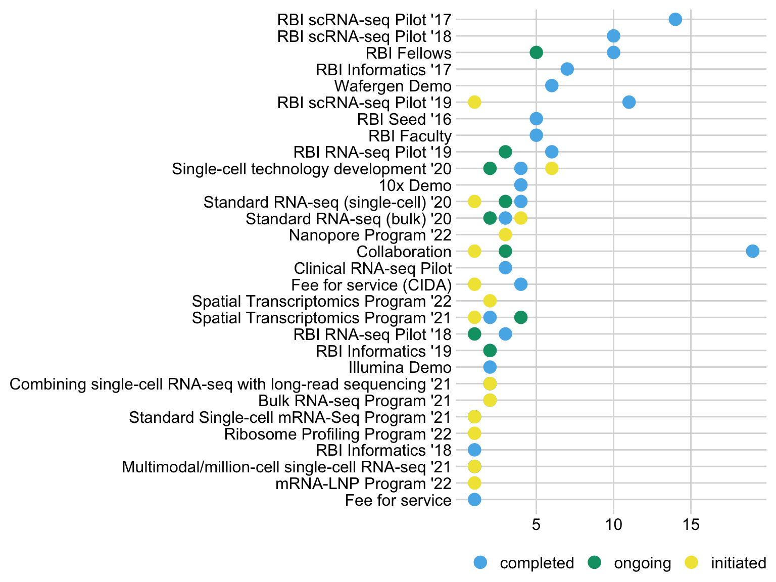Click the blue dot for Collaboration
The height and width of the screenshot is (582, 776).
click(x=752, y=251)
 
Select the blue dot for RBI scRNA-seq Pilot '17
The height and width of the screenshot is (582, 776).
click(x=675, y=20)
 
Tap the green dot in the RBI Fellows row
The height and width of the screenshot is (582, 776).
click(x=536, y=53)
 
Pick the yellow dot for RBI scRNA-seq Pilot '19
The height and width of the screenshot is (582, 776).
click(x=474, y=102)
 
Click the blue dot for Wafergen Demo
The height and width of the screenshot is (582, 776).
click(x=552, y=86)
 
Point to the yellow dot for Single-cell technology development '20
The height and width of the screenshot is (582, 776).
click(x=552, y=168)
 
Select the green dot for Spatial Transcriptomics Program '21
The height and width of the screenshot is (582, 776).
click(x=521, y=317)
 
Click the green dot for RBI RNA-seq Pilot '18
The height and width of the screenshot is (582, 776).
click(x=474, y=334)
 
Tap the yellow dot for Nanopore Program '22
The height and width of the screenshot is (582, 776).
click(x=505, y=234)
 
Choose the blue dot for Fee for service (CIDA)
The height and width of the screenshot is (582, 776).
click(x=521, y=284)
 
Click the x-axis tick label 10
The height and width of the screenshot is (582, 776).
click(x=613, y=526)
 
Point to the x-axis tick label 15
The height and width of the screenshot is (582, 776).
click(x=691, y=526)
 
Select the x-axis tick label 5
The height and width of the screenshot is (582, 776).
click(x=536, y=526)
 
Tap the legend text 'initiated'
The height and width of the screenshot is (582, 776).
click(x=738, y=563)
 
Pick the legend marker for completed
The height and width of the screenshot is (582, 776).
click(x=480, y=562)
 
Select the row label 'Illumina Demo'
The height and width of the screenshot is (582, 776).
click(x=400, y=367)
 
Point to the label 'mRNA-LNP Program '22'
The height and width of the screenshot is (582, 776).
click(x=363, y=483)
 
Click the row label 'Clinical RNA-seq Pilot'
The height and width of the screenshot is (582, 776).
click(x=372, y=268)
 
